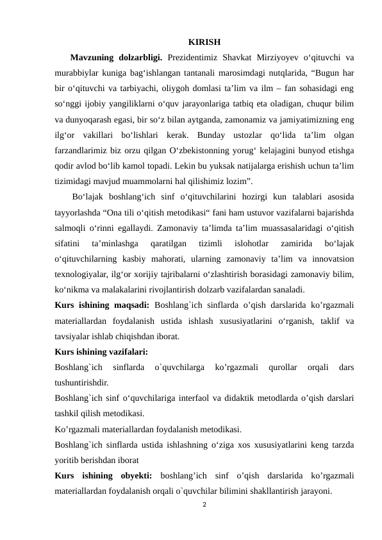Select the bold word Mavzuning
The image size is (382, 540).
point(94,60)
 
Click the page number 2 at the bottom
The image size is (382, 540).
point(204,505)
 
